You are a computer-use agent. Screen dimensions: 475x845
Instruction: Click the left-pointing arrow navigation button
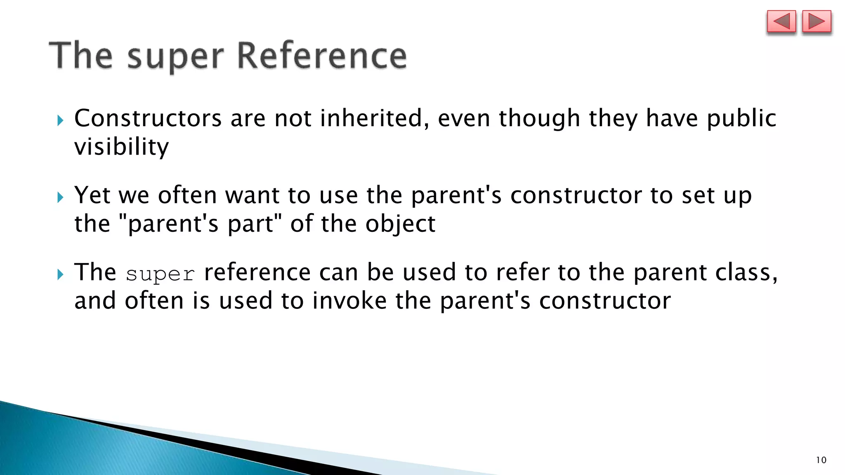(781, 22)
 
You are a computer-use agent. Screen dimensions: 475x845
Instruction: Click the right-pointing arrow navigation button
(817, 22)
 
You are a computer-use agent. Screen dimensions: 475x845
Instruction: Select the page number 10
(821, 460)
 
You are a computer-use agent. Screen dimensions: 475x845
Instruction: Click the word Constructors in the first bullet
(148, 118)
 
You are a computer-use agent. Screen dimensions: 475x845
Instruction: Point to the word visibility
(121, 147)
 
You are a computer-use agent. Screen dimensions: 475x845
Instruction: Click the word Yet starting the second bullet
(92, 195)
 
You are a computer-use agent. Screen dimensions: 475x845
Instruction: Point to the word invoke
(349, 301)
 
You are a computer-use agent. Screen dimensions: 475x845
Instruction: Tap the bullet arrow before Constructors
(61, 120)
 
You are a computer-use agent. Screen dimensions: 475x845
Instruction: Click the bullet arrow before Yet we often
(61, 197)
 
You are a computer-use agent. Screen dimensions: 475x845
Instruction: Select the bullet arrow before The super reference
(61, 274)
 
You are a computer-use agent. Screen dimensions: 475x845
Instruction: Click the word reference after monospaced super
(257, 273)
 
